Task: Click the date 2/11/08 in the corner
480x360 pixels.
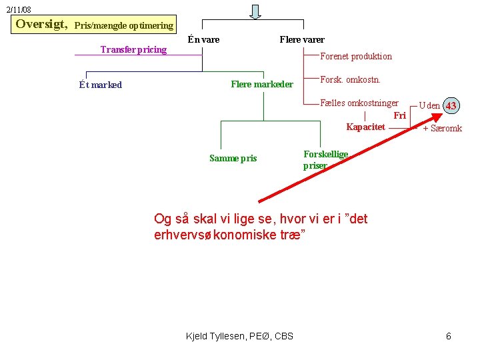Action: click(19, 10)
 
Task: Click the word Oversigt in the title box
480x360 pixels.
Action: click(41, 25)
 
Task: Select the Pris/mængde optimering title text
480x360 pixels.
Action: click(123, 26)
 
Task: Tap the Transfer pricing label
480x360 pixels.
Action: click(133, 50)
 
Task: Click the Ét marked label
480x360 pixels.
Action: click(100, 85)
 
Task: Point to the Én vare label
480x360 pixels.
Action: click(203, 39)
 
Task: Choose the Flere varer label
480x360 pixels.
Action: click(302, 39)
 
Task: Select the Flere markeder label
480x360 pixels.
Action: click(261, 84)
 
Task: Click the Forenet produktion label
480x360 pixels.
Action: click(356, 57)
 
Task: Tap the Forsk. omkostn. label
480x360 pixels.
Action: click(350, 80)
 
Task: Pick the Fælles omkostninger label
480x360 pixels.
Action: click(359, 103)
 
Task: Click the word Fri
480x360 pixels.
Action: click(399, 115)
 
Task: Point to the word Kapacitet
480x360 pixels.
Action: click(365, 127)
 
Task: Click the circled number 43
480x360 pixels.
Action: click(451, 106)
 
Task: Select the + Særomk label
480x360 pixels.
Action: click(442, 129)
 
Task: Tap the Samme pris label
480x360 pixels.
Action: click(233, 158)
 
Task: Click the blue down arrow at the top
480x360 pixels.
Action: click(255, 11)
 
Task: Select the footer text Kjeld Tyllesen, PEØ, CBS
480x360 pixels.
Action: click(239, 335)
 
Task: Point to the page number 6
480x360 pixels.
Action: click(449, 336)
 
